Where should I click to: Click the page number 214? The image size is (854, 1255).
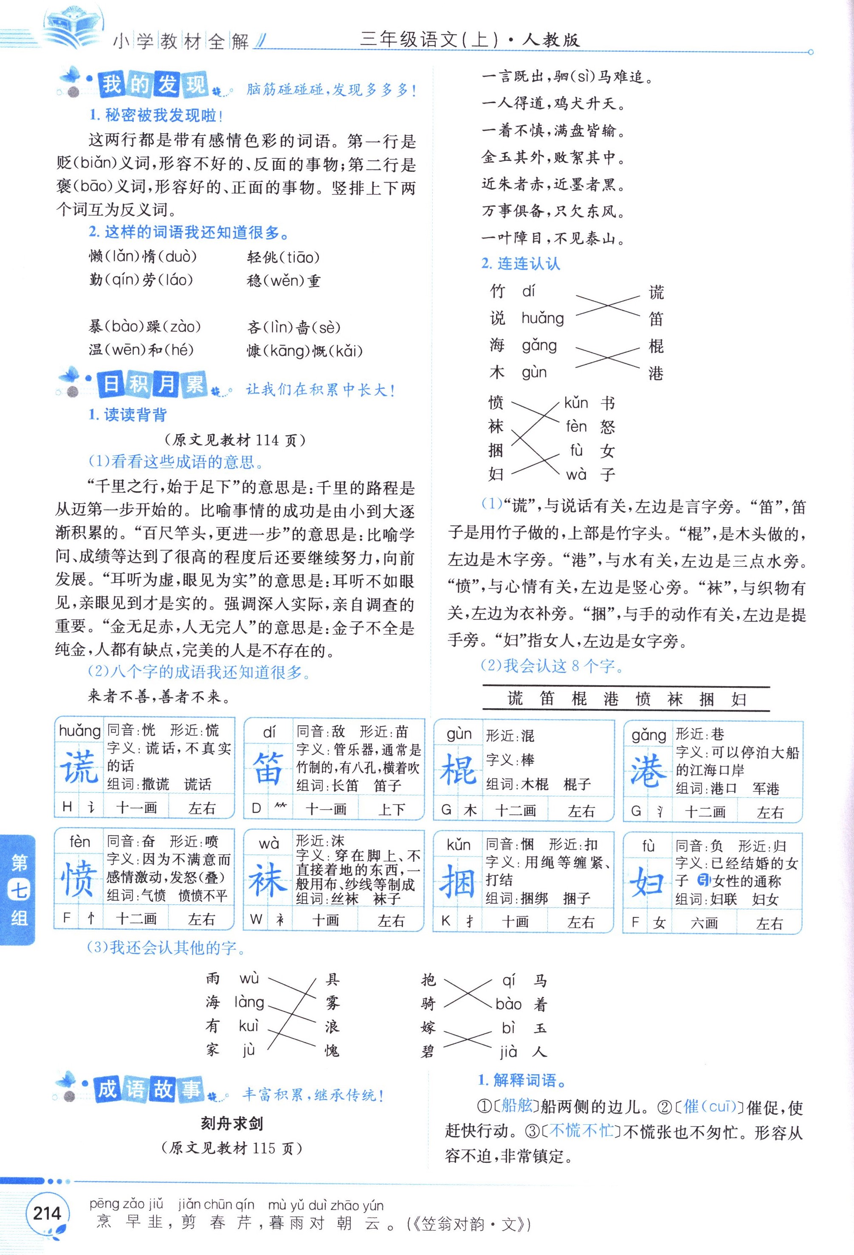47,1213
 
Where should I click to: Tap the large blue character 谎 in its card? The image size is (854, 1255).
79,767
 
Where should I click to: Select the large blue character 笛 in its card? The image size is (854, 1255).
268,769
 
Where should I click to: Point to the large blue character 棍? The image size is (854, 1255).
459,770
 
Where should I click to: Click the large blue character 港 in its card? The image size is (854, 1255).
648,771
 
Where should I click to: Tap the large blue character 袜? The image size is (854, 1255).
268,880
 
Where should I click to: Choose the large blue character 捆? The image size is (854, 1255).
457,881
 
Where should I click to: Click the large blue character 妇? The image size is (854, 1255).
647,882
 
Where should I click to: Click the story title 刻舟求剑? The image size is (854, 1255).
232,1124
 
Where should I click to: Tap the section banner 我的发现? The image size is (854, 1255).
154,85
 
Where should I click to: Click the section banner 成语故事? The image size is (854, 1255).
149,1088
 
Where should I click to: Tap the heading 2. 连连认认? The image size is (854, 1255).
521,264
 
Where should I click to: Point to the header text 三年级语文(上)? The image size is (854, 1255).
429,39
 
